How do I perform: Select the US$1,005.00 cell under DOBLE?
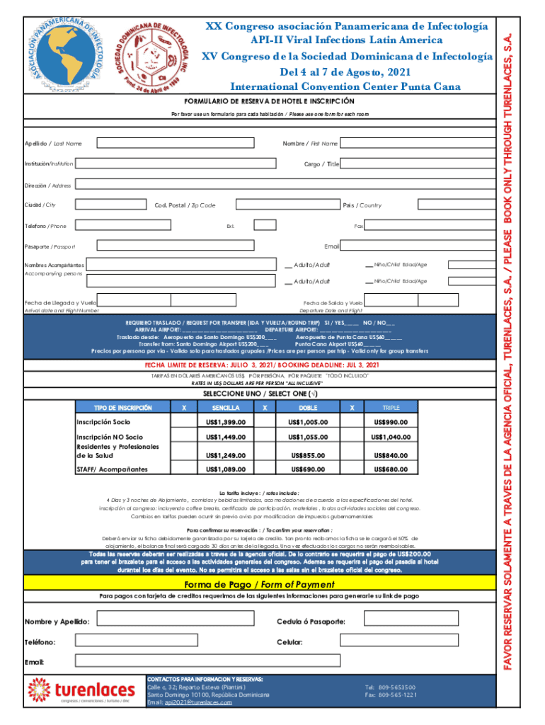[x=308, y=423]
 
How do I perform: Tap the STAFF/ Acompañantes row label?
[x=112, y=469]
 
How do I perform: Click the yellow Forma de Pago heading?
[x=259, y=584]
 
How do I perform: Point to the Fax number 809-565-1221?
[x=391, y=695]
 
